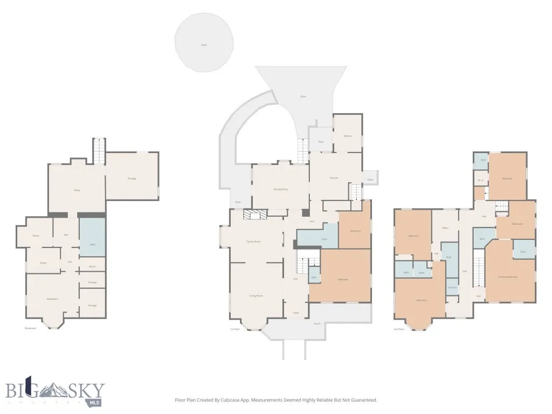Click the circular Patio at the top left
pyautogui.click(x=204, y=44)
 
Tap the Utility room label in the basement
pyautogui.click(x=77, y=190)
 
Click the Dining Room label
pyautogui.click(x=280, y=189)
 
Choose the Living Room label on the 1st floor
pyautogui.click(x=256, y=296)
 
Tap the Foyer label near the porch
pyautogui.click(x=295, y=313)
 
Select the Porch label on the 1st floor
pyautogui.click(x=317, y=324)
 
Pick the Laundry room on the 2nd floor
pyautogui.click(x=452, y=287)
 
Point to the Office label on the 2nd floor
pyautogui.click(x=445, y=228)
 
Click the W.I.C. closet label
pyautogui.click(x=480, y=180)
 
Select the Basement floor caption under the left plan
pyautogui.click(x=30, y=328)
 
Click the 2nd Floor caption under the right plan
pyautogui.click(x=399, y=328)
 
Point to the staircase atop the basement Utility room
pyautogui.click(x=99, y=151)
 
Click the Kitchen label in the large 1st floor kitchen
pyautogui.click(x=334, y=178)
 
